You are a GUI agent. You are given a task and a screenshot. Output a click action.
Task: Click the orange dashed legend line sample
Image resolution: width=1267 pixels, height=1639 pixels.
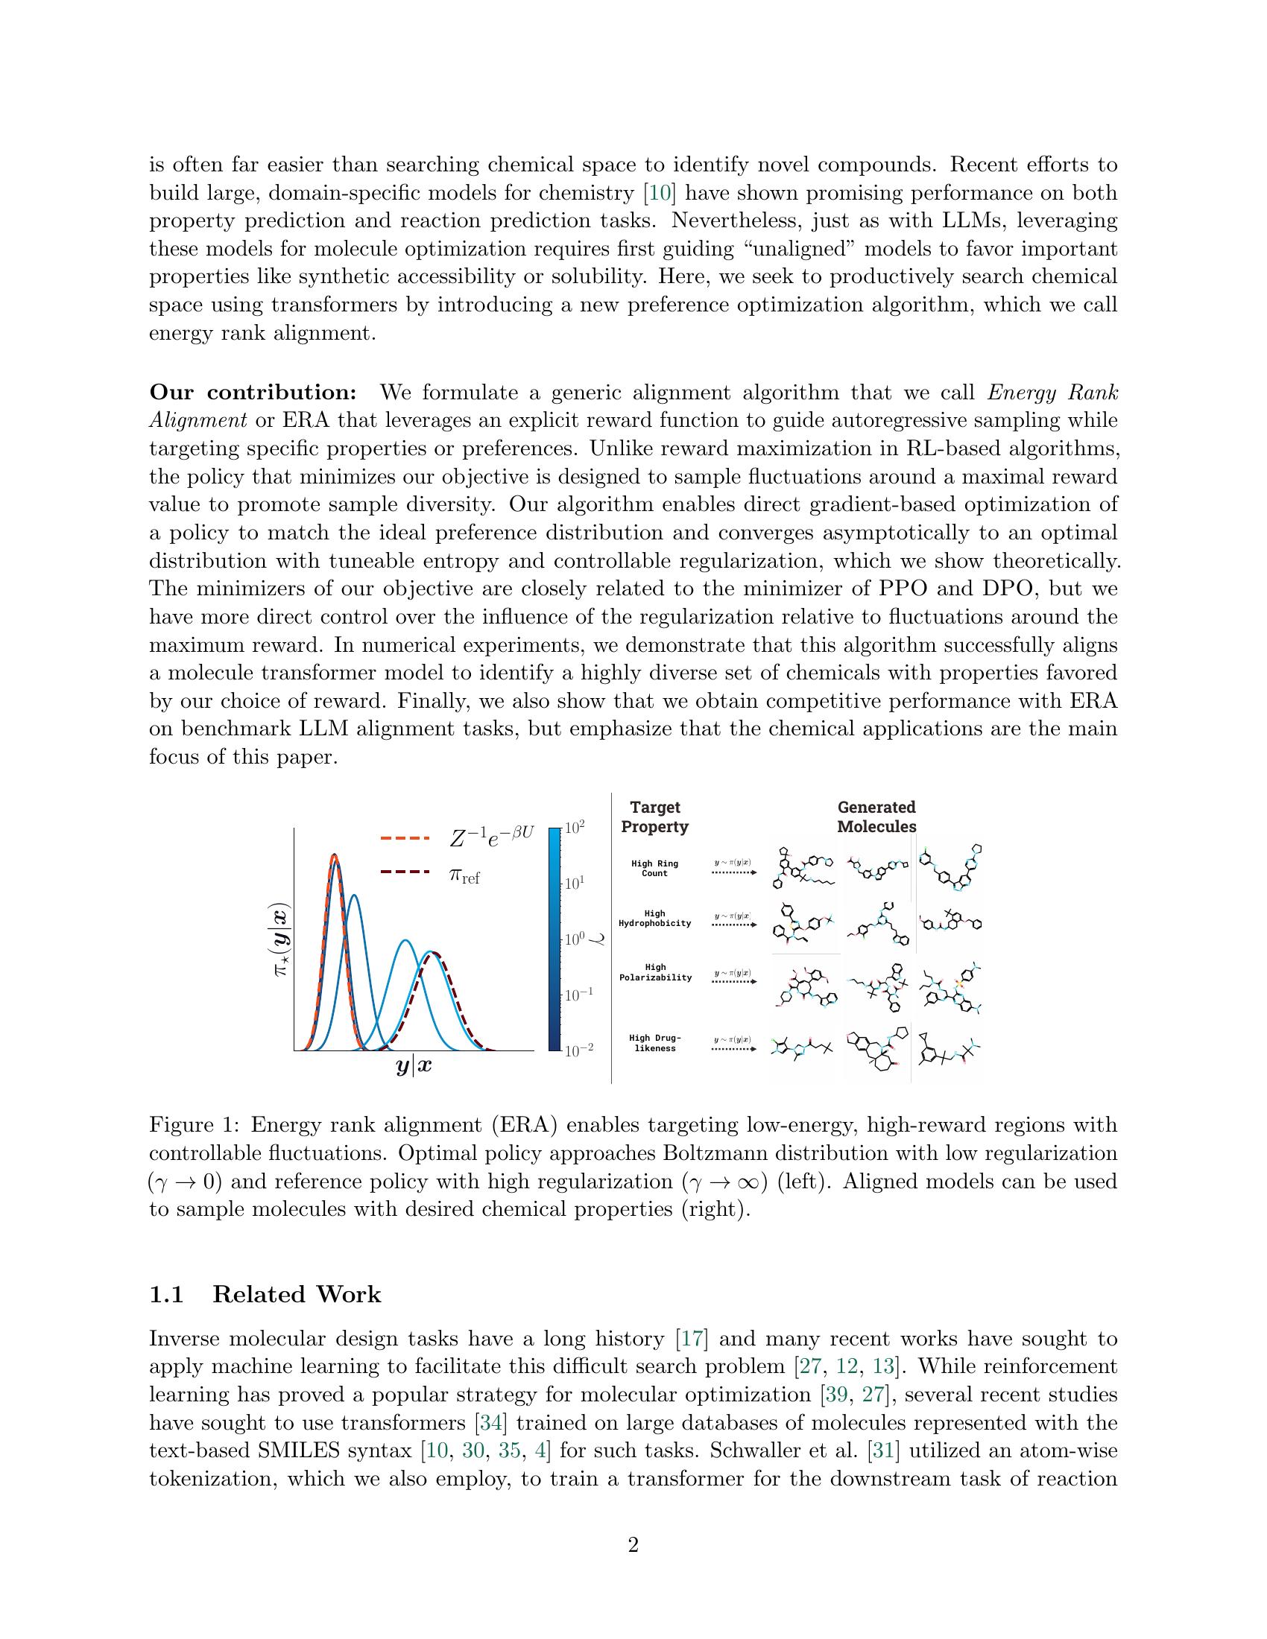tap(405, 837)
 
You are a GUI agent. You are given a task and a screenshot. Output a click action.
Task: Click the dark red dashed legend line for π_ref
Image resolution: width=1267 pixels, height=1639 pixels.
tap(405, 872)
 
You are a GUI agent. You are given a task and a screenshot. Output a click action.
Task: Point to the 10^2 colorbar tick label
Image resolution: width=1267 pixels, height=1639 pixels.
tap(575, 828)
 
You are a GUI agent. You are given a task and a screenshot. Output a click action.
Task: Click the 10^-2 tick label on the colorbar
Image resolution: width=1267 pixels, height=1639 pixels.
tap(578, 1050)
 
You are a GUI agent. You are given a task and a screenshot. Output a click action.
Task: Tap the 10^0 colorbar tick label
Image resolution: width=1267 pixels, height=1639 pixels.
tap(575, 939)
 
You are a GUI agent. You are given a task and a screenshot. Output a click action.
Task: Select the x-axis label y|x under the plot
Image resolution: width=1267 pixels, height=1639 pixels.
tap(414, 1066)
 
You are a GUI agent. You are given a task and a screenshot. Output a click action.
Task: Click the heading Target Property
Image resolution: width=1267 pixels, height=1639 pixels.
tap(654, 817)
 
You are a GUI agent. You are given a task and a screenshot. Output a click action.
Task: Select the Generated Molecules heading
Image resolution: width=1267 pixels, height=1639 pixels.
tap(876, 817)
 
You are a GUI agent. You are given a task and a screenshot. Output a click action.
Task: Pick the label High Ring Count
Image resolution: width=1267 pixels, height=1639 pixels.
tap(654, 868)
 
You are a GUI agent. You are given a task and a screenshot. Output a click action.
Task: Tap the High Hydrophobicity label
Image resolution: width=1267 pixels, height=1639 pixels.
tap(654, 919)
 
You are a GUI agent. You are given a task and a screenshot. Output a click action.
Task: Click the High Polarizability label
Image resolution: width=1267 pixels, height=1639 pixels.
tap(655, 972)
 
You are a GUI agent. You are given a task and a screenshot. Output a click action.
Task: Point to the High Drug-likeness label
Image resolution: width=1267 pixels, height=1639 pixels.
tap(654, 1043)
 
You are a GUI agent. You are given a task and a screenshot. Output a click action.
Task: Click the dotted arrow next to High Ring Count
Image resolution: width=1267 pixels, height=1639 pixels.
tap(733, 873)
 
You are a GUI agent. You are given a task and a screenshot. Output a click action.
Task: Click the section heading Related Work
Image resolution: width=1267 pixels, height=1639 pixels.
tap(297, 1295)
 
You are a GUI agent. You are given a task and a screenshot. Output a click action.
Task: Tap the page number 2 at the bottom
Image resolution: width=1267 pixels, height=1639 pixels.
tap(633, 1545)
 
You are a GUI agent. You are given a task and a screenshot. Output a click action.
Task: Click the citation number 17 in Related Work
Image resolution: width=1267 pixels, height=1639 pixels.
tap(689, 1339)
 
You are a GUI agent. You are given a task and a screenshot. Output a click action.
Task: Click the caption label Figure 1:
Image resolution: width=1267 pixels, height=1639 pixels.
tap(194, 1125)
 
